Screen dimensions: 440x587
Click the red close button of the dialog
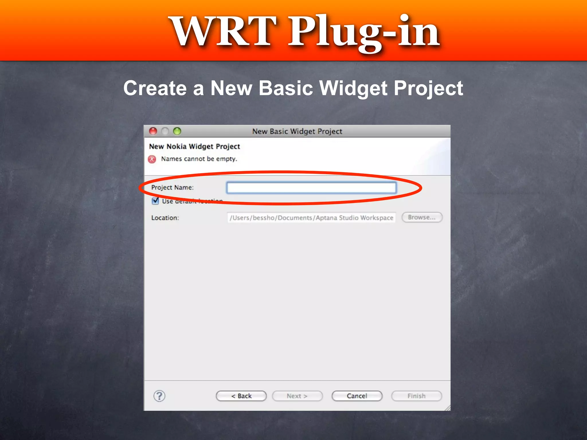[x=153, y=131]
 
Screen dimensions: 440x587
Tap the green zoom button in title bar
[x=177, y=131]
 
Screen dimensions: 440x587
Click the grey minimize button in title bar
[x=165, y=131]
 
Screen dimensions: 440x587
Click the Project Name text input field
[x=311, y=188]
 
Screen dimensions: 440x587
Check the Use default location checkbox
[x=155, y=201]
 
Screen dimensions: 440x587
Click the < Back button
[x=241, y=396]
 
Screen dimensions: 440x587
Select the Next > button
[x=297, y=396]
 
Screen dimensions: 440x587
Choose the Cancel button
[x=357, y=396]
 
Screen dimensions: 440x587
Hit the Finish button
[x=416, y=396]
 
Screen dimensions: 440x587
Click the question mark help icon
[x=159, y=396]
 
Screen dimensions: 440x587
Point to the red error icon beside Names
[x=152, y=159]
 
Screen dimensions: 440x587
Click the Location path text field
[x=311, y=218]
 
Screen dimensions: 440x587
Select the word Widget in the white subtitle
[x=353, y=88]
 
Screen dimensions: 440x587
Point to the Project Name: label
[x=172, y=187]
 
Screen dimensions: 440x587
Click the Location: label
[x=165, y=218]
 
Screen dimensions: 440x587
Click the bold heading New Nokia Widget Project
[x=194, y=146]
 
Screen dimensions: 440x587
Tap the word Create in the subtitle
[x=155, y=88]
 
